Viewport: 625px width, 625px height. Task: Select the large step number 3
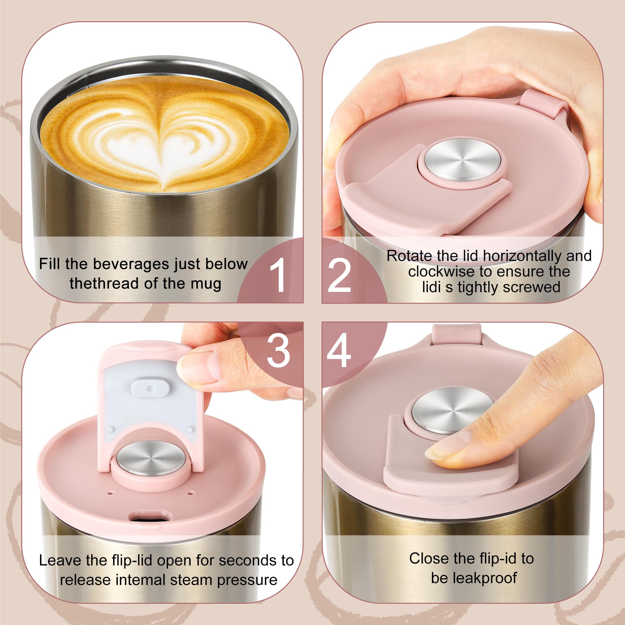(278, 351)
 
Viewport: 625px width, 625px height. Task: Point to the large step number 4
(339, 351)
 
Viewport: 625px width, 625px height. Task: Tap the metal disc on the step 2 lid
(462, 160)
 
